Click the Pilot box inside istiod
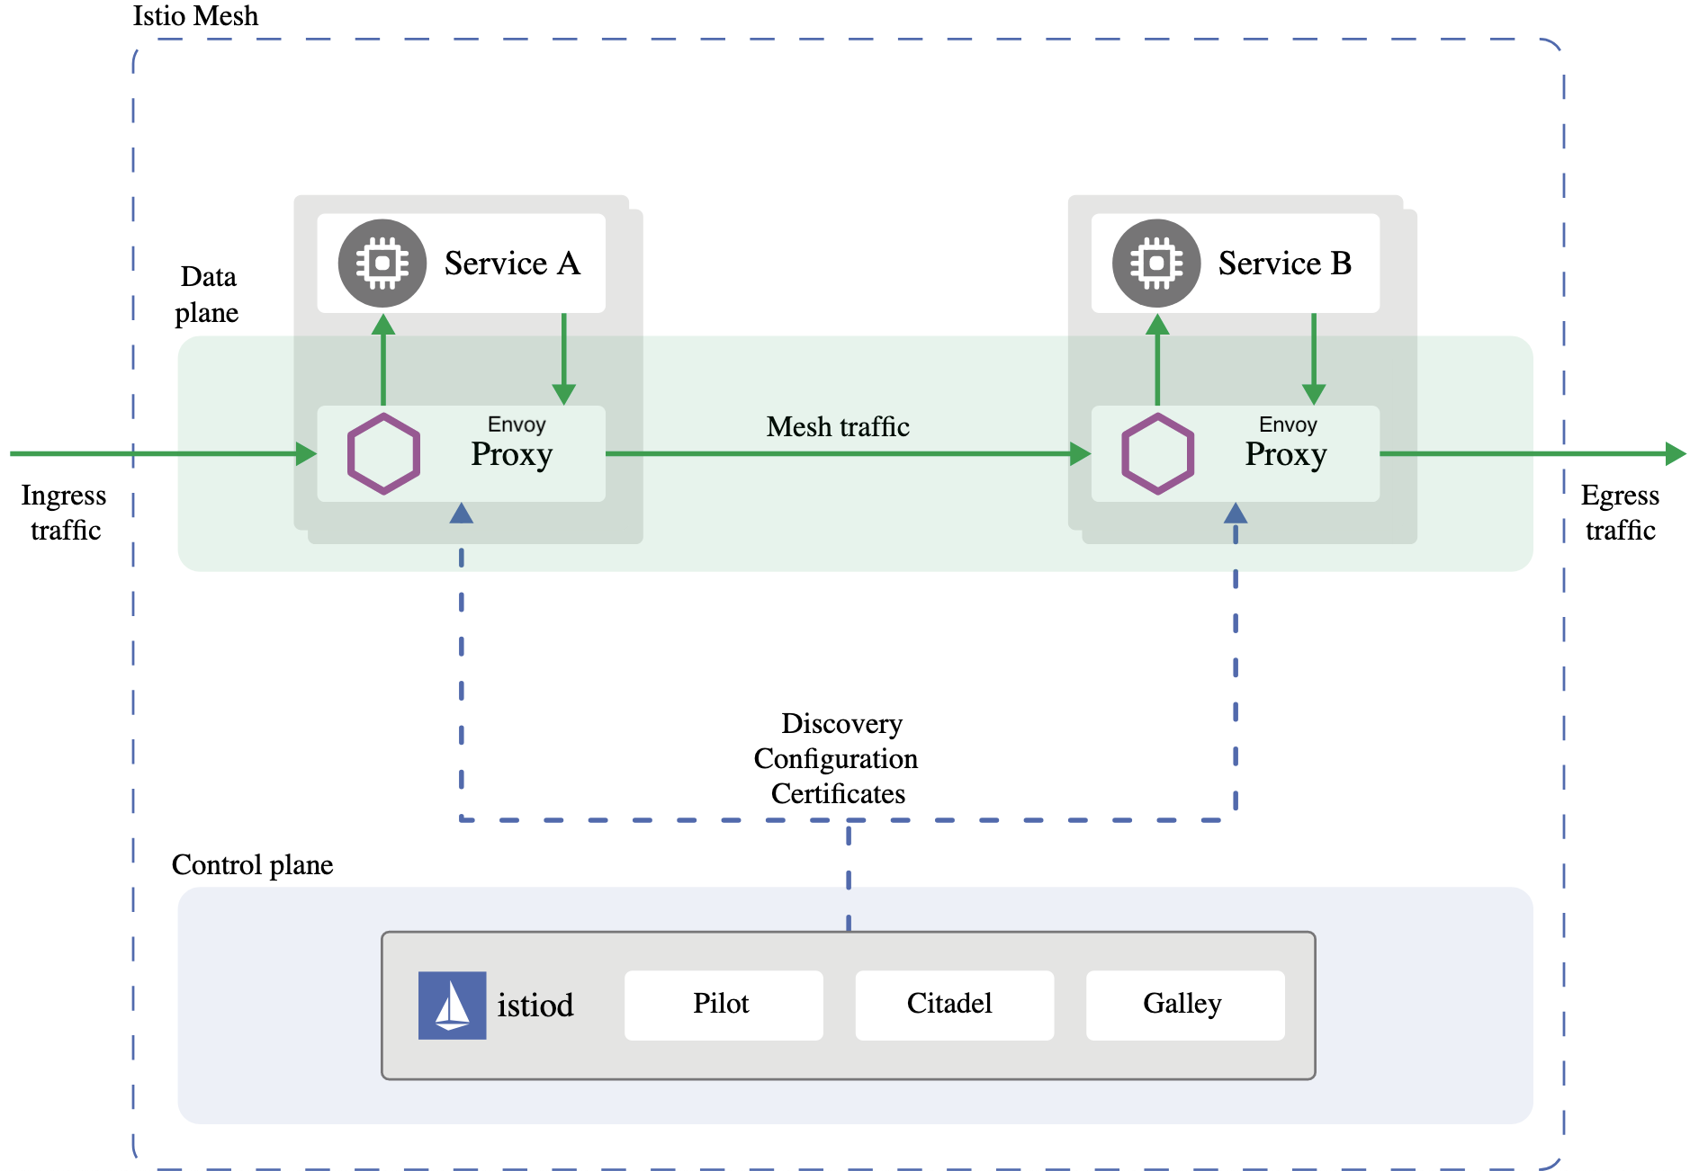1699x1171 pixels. pyautogui.click(x=723, y=1005)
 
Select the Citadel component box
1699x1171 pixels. pyautogui.click(x=953, y=1005)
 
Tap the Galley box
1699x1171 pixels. pyautogui.click(x=1184, y=1005)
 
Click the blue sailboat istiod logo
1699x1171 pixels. pyautogui.click(x=452, y=1005)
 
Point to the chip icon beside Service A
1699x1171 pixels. pyautogui.click(x=382, y=264)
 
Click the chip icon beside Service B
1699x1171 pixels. pyautogui.click(x=1156, y=264)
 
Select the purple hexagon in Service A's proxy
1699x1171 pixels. pyautogui.click(x=383, y=453)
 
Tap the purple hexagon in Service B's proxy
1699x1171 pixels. pyautogui.click(x=1157, y=453)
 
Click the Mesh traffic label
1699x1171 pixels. pyautogui.click(x=837, y=427)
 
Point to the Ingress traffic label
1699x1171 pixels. pyautogui.click(x=64, y=513)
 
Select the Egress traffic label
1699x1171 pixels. pyautogui.click(x=1620, y=513)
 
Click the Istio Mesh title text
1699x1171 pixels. pyautogui.click(x=195, y=16)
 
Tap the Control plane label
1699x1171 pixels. pyautogui.click(x=252, y=865)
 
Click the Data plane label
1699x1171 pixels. pyautogui.click(x=208, y=295)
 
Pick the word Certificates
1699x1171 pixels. pyautogui.click(x=838, y=794)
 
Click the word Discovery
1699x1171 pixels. pyautogui.click(x=841, y=724)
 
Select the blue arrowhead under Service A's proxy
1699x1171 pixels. pyautogui.click(x=462, y=514)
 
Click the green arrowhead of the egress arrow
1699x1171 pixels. pyautogui.click(x=1675, y=453)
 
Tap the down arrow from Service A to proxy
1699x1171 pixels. pyautogui.click(x=564, y=360)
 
